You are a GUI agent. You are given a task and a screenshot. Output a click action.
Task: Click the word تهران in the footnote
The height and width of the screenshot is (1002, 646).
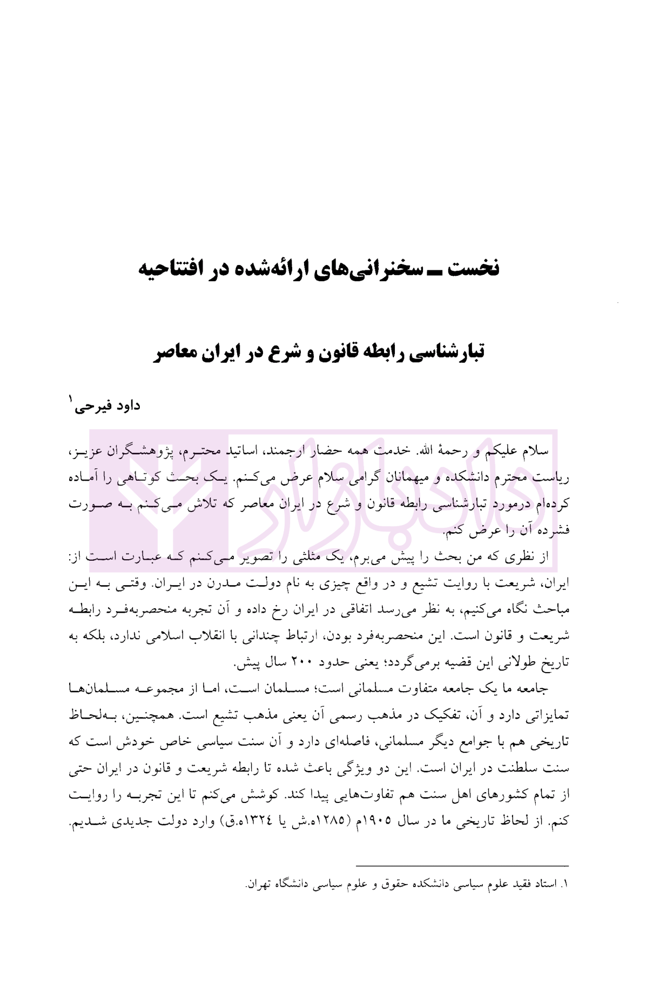click(265, 885)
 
